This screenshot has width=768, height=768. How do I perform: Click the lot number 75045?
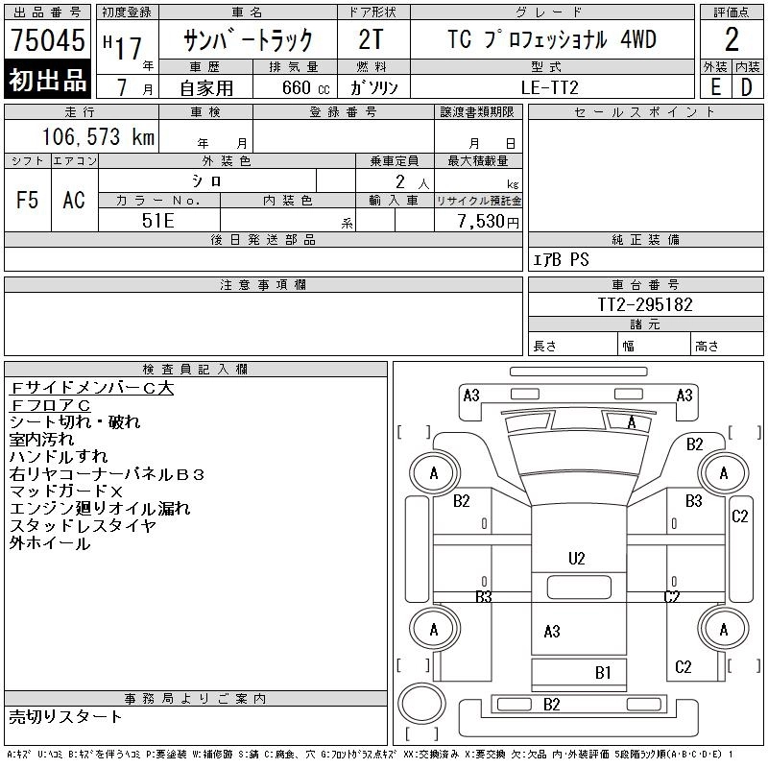[x=48, y=41]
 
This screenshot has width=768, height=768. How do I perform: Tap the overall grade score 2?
[x=732, y=40]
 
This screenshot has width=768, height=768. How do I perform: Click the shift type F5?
[x=27, y=200]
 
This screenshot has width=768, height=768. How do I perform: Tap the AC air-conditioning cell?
[x=74, y=200]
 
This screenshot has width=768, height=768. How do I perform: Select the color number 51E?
[x=159, y=220]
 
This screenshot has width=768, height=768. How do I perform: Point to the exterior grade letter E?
[x=714, y=87]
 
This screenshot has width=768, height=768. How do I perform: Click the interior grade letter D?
[x=746, y=87]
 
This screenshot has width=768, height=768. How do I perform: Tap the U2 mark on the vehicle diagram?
[x=576, y=558]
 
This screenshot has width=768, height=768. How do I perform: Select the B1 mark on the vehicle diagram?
[x=603, y=673]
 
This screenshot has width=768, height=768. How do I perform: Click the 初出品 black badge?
[x=48, y=80]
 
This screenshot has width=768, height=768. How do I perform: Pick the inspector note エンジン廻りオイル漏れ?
[x=100, y=509]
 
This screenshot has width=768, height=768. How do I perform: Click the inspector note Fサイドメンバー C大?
[x=92, y=388]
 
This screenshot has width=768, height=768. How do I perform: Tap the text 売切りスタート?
[x=66, y=716]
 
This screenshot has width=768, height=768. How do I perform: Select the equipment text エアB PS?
[x=562, y=259]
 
